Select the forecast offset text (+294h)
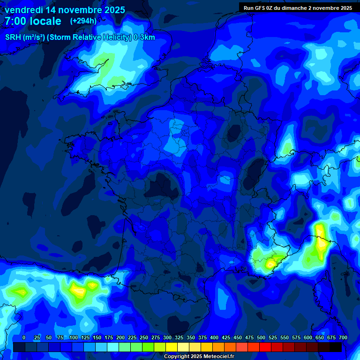tap(84, 21)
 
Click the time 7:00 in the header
tap(15, 21)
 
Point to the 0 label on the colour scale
tap(24, 337)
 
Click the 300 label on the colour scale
tap(167, 337)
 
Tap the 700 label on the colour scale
tap(343, 337)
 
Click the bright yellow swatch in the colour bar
tap(172, 347)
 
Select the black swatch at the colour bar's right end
tap(336, 347)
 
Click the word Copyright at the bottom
tap(175, 357)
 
